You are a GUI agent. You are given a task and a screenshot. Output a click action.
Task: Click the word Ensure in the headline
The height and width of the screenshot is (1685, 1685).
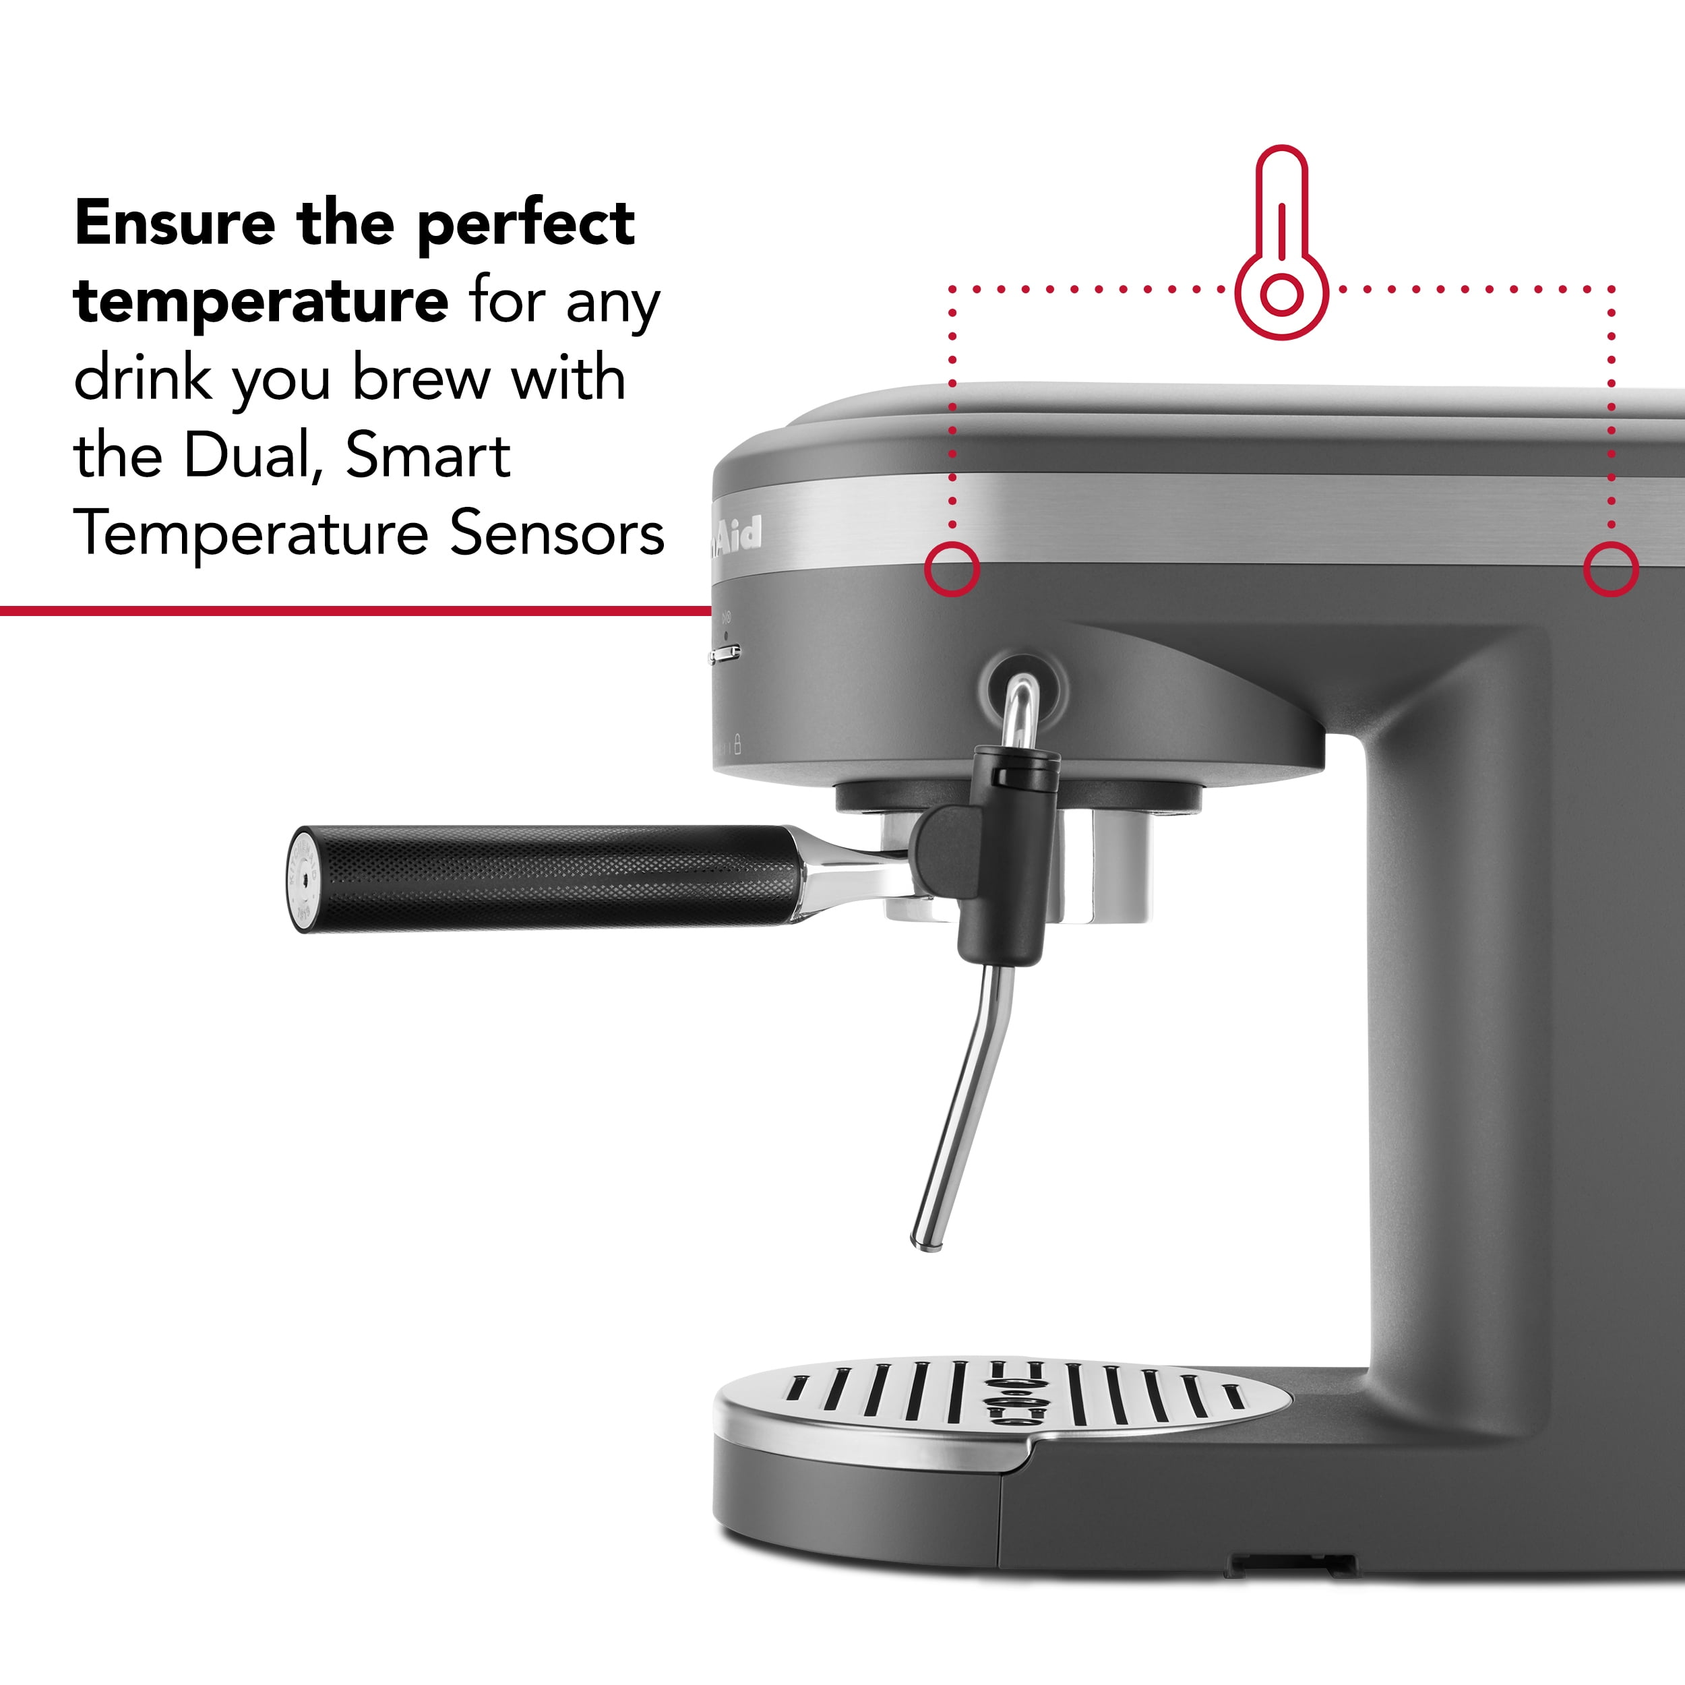point(175,224)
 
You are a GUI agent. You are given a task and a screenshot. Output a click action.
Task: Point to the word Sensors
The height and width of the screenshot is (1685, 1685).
point(557,533)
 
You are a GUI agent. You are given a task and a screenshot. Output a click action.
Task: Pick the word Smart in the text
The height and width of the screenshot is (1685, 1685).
point(427,456)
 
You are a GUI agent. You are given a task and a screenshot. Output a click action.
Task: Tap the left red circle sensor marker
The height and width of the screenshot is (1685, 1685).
point(952,570)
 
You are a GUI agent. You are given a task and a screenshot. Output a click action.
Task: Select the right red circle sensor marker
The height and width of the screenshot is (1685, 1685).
point(1610,570)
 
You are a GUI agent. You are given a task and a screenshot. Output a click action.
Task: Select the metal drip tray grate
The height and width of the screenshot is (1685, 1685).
point(1003,1395)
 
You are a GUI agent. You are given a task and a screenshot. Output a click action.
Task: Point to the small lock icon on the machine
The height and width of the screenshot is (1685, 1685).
point(738,744)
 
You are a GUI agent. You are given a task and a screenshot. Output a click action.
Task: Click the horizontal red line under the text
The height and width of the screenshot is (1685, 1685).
point(349,611)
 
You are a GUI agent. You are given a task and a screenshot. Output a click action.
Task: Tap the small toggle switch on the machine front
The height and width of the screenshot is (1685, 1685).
point(725,653)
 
